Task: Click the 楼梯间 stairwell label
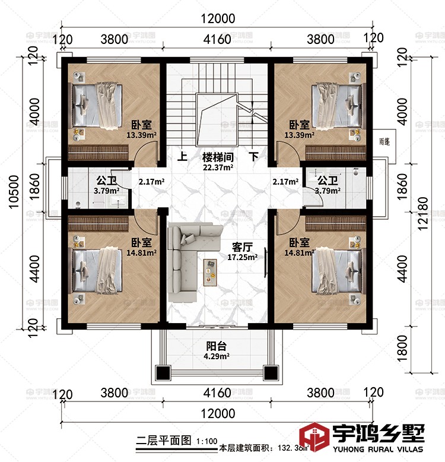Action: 218,158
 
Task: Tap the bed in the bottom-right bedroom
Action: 338,271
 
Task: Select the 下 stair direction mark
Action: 253,158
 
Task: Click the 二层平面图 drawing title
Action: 163,441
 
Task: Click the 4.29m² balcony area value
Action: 217,356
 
